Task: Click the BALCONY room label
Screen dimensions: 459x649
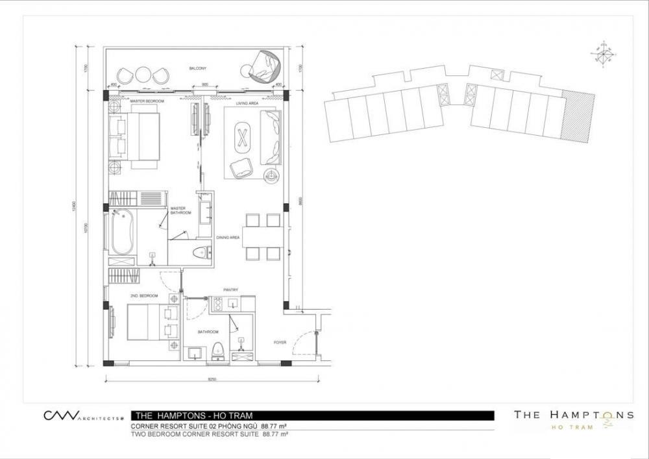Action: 197,68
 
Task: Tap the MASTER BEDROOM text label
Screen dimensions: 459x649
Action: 147,101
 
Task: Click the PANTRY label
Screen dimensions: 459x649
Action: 230,290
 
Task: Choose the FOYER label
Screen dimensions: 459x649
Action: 280,342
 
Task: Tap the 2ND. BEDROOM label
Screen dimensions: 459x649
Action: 143,296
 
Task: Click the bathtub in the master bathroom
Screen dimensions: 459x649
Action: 122,234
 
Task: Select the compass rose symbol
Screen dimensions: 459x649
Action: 604,55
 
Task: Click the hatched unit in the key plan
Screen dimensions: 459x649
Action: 578,118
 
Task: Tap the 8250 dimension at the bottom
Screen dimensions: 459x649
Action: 212,378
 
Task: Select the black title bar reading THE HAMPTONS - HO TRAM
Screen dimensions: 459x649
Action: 312,416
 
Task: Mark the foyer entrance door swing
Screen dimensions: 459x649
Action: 302,343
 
